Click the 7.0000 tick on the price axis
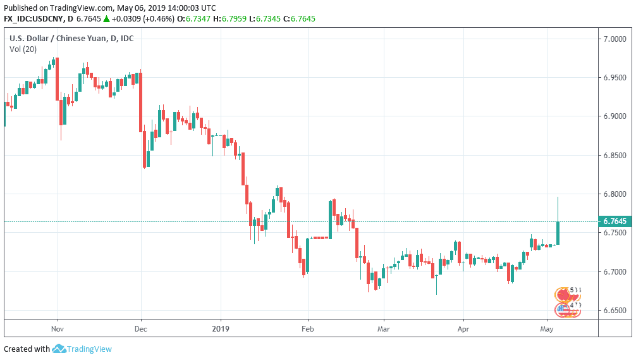click(615, 39)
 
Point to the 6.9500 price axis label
click(615, 78)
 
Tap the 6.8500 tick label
click(615, 156)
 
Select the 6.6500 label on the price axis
click(615, 311)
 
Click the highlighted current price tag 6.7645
click(615, 221)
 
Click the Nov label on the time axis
click(58, 329)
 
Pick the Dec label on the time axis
click(140, 329)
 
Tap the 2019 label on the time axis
click(221, 329)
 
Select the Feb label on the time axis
click(307, 329)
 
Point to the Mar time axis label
click(381, 329)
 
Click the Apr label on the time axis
click(463, 329)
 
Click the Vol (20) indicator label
click(23, 49)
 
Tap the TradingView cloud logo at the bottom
click(59, 349)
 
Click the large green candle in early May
click(558, 232)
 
